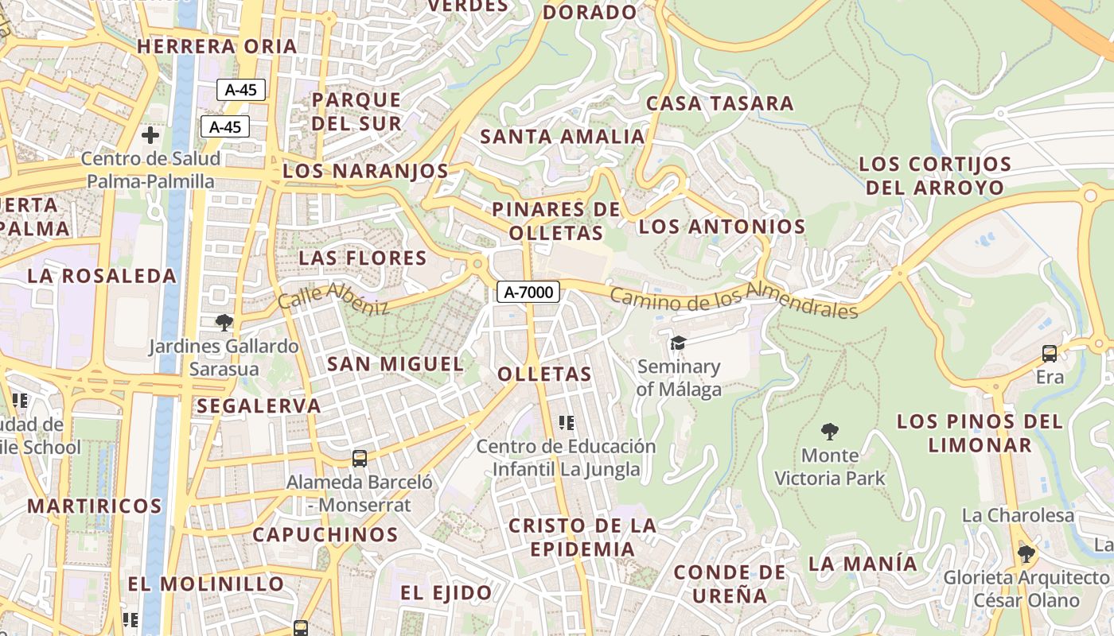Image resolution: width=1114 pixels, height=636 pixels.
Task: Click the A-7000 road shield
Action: pyautogui.click(x=528, y=292)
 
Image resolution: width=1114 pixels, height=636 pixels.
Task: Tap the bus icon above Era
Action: pyautogui.click(x=1050, y=354)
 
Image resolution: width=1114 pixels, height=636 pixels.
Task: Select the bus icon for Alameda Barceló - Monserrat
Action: pyautogui.click(x=360, y=459)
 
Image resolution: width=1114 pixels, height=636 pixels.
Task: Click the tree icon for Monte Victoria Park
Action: pyautogui.click(x=830, y=432)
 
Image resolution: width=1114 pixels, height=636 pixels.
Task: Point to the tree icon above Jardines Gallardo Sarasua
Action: pyautogui.click(x=224, y=322)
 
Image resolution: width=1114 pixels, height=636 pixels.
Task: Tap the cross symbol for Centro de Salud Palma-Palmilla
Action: pyautogui.click(x=150, y=135)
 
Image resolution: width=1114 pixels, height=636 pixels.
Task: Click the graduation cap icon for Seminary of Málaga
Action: pyautogui.click(x=678, y=343)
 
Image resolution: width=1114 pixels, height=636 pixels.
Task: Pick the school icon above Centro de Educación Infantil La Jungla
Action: pyautogui.click(x=567, y=423)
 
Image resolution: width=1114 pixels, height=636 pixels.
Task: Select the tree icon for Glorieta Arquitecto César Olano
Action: pyautogui.click(x=1026, y=553)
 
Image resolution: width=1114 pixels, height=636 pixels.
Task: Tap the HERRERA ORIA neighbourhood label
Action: pyautogui.click(x=216, y=47)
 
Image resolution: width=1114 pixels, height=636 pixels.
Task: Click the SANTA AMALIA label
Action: pyautogui.click(x=562, y=137)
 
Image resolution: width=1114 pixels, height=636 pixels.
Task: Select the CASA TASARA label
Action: pyautogui.click(x=719, y=103)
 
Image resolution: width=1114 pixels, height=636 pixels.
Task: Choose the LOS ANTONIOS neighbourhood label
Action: pyautogui.click(x=722, y=227)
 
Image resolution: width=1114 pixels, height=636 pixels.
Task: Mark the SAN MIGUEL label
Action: pyautogui.click(x=395, y=364)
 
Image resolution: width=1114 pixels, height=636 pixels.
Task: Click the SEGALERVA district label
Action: pyautogui.click(x=259, y=405)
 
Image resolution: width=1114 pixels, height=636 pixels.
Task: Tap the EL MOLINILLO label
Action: pyautogui.click(x=206, y=584)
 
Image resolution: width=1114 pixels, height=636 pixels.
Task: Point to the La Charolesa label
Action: pyautogui.click(x=1018, y=515)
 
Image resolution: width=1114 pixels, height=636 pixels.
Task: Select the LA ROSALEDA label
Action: pyautogui.click(x=102, y=276)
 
